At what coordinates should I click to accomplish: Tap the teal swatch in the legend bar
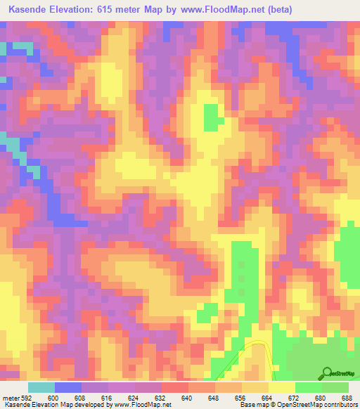(x=41, y=387)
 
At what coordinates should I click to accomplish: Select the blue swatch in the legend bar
(x=68, y=387)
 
